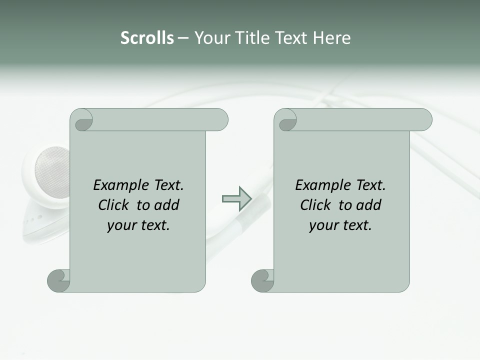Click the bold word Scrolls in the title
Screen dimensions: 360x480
pos(147,38)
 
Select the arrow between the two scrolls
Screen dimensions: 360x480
pos(236,198)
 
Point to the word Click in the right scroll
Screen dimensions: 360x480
pos(316,205)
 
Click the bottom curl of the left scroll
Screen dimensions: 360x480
pos(59,280)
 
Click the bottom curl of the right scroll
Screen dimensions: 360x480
pos(262,280)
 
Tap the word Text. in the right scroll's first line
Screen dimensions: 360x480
pos(370,185)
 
